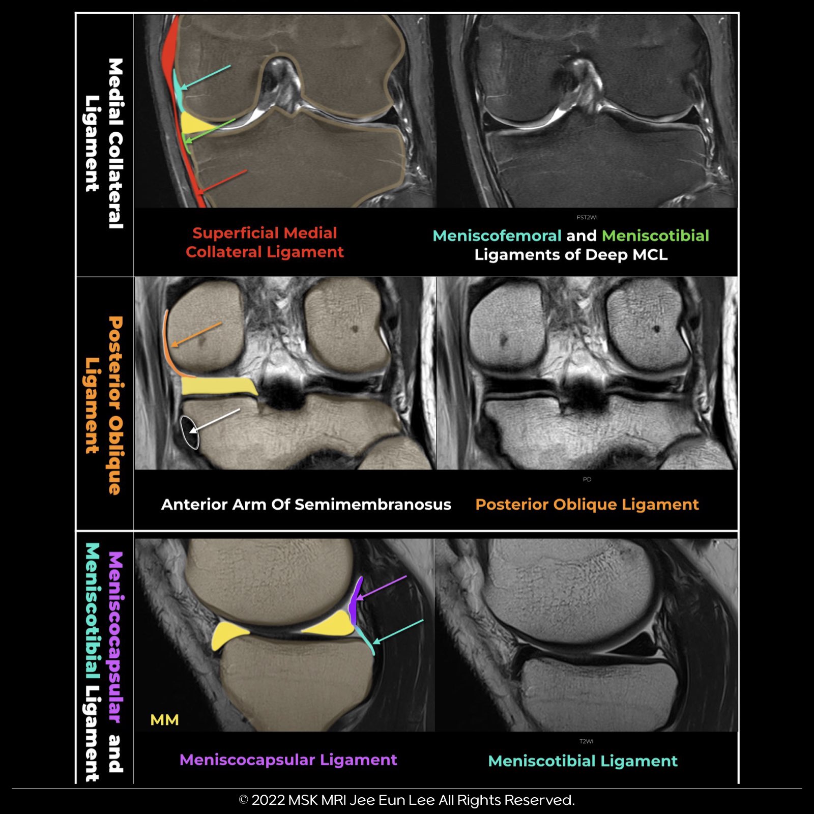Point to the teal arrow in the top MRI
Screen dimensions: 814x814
pyautogui.click(x=206, y=77)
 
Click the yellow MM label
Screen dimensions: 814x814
pyautogui.click(x=164, y=720)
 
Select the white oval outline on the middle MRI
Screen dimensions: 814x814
pyautogui.click(x=189, y=432)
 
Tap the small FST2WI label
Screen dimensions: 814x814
pyautogui.click(x=587, y=218)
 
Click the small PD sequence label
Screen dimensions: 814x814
pyautogui.click(x=587, y=479)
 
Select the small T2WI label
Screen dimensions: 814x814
pyautogui.click(x=586, y=741)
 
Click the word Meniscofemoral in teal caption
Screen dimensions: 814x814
pyautogui.click(x=497, y=236)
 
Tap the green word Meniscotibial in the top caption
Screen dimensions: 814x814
pyautogui.click(x=655, y=236)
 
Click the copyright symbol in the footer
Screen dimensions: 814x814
pyautogui.click(x=243, y=800)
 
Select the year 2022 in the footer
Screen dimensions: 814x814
pyautogui.click(x=268, y=800)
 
